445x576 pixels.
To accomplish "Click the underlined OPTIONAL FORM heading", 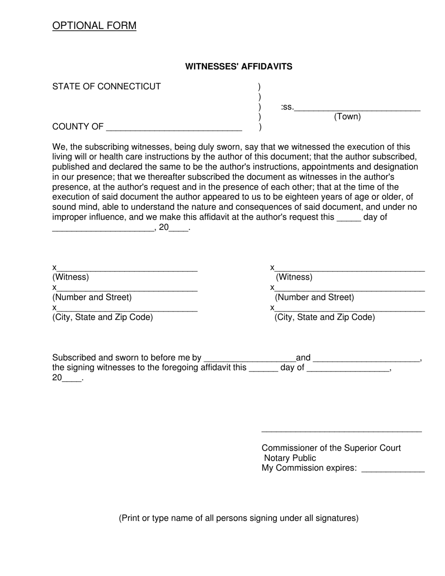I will point(94,26).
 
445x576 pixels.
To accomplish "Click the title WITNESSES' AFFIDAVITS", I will point(238,66).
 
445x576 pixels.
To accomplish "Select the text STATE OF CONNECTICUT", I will point(106,87).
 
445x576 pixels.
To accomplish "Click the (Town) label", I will point(347,117).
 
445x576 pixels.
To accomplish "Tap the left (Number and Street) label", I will point(92,297).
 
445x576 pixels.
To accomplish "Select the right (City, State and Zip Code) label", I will point(325,318).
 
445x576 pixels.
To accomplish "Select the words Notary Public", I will point(290,458).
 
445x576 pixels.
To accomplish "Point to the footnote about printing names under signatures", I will point(238,518).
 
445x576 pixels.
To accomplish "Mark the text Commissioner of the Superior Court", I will point(331,448).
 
